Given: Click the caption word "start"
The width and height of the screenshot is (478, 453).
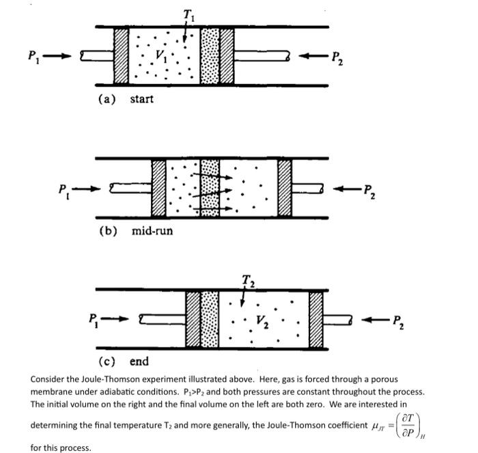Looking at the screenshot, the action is (141, 99).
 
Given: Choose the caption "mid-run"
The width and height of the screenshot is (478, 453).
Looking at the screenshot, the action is (152, 231).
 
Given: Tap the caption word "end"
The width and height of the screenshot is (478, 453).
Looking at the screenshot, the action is (139, 361).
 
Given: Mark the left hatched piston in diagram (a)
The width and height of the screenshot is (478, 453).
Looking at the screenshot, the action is (121, 56).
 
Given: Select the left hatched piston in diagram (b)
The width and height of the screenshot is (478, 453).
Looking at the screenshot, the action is (158, 188).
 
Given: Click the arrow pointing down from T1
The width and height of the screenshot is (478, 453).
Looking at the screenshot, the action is (185, 31).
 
